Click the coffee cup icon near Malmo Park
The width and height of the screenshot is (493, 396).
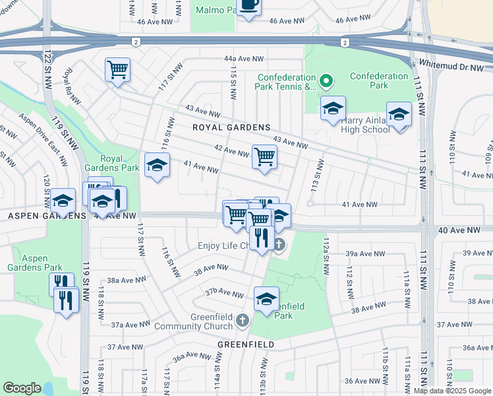point(249,5)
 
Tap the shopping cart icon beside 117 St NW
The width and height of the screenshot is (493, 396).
point(117,69)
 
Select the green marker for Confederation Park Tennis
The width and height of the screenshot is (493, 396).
point(325,82)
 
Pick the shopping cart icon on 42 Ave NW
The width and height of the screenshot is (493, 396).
point(264,157)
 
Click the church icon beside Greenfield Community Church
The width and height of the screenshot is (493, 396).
point(243,321)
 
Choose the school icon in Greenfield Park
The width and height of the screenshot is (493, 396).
point(266,298)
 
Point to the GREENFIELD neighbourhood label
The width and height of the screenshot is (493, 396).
point(245,345)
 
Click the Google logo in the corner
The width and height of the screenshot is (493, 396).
point(22,388)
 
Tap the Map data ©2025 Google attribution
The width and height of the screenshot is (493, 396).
point(453,391)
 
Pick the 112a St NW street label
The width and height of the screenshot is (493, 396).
point(326,253)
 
